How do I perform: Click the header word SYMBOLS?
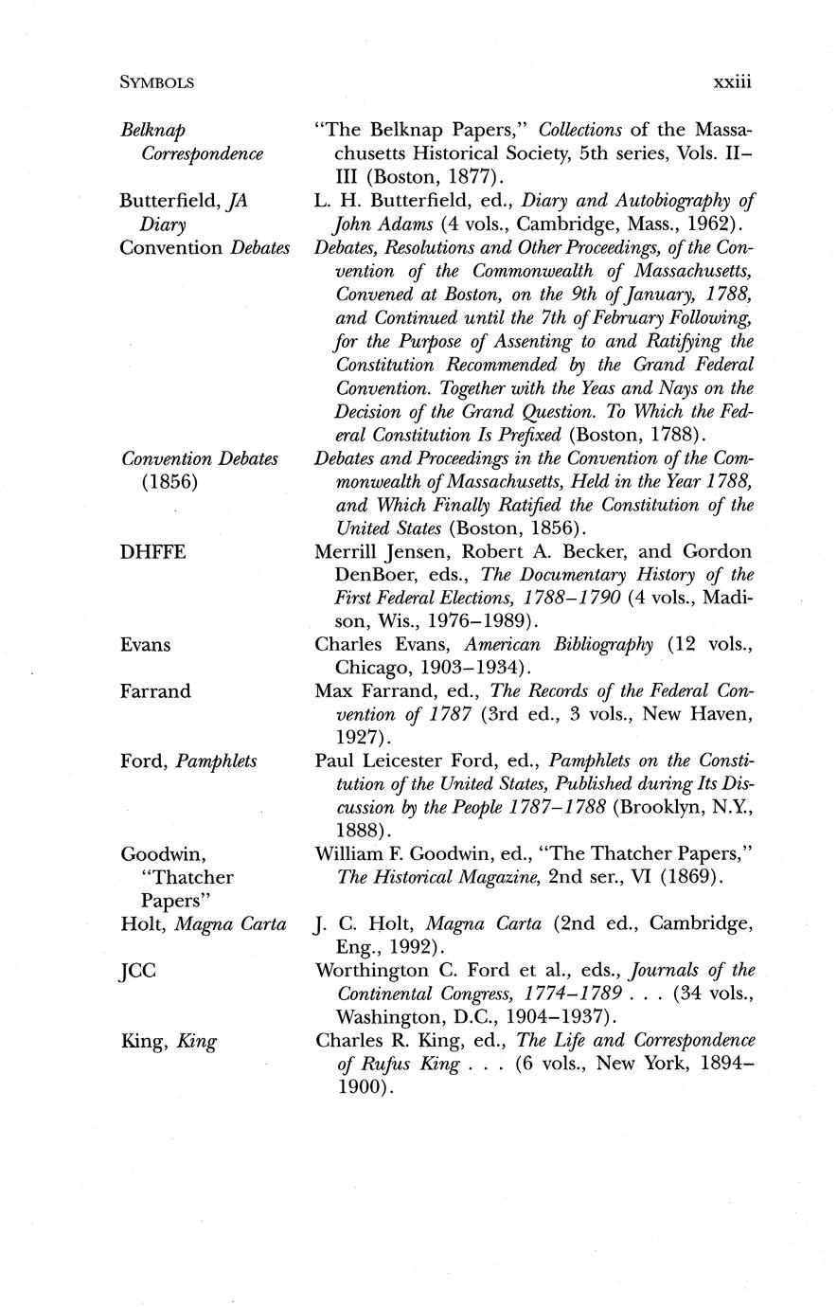coord(157,83)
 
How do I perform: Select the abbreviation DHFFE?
coord(152,552)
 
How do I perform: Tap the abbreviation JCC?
coord(138,971)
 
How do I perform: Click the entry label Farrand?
coord(155,691)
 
